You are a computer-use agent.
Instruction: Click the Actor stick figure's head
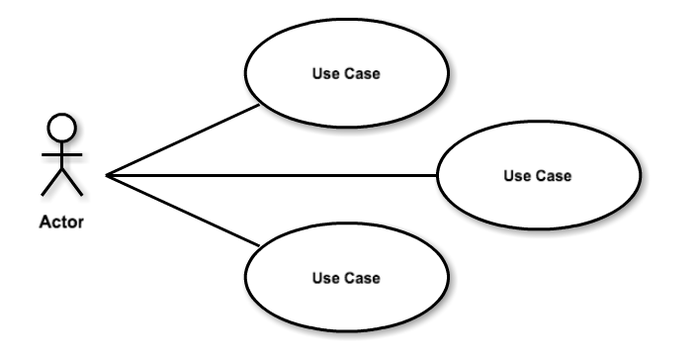coord(61,126)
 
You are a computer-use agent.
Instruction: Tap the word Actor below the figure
coord(61,223)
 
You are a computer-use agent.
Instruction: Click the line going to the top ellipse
coord(183,141)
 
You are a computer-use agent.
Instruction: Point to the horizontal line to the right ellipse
coord(272,176)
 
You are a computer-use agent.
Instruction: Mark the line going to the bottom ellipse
coord(183,210)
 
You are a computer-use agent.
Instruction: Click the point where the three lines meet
coord(107,176)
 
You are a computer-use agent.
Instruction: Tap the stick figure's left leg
coord(50,183)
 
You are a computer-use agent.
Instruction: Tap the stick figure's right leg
coord(72,183)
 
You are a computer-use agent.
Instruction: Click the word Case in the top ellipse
coord(361,74)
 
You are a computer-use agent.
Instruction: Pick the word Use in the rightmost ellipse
coord(516,176)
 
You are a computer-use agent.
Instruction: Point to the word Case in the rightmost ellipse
coord(552,176)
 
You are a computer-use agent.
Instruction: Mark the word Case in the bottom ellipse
coord(361,278)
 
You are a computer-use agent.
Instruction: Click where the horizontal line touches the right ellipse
coord(437,176)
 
